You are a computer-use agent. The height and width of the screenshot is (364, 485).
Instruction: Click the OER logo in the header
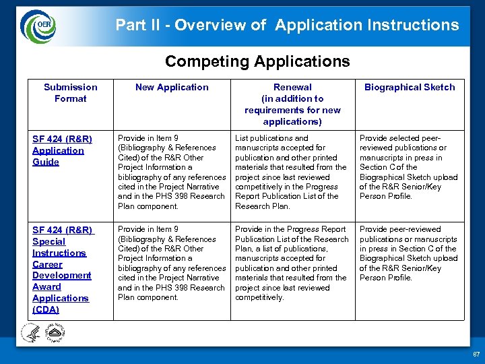pyautogui.click(x=40, y=26)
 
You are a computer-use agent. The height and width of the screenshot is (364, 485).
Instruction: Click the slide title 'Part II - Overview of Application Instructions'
pyautogui.click(x=287, y=26)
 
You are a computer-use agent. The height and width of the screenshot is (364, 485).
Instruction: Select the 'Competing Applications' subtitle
pyautogui.click(x=257, y=61)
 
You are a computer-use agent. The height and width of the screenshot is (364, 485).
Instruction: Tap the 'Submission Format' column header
pyautogui.click(x=70, y=92)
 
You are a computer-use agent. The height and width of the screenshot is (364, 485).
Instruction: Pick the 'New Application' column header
pyautogui.click(x=172, y=87)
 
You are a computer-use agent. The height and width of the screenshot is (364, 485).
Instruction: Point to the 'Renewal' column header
pyautogui.click(x=292, y=104)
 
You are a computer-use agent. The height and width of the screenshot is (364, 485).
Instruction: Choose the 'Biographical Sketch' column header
pyautogui.click(x=410, y=87)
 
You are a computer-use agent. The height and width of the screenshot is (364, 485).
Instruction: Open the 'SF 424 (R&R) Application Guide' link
pyautogui.click(x=62, y=150)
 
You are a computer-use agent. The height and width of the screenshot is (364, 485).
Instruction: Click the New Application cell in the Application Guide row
pyautogui.click(x=172, y=172)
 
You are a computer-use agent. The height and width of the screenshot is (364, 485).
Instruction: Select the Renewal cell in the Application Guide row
pyautogui.click(x=291, y=172)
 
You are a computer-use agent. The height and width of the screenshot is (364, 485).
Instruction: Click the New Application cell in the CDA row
pyautogui.click(x=172, y=263)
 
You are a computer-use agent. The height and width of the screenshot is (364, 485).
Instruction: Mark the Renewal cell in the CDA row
pyautogui.click(x=291, y=263)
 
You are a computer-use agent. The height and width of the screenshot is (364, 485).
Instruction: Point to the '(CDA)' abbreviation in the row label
pyautogui.click(x=46, y=309)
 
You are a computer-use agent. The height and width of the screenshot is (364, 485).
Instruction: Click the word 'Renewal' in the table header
pyautogui.click(x=292, y=87)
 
